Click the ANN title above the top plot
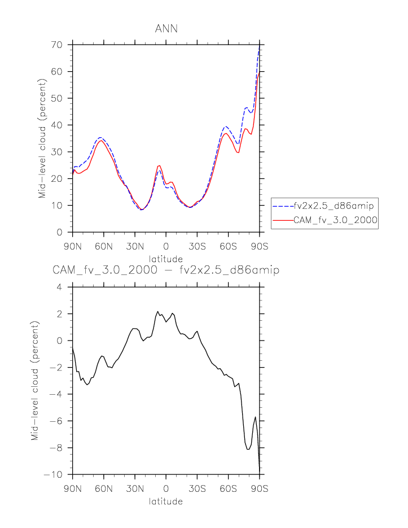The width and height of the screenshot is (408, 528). coord(166,29)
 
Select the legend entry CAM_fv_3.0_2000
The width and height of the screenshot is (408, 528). coord(335,221)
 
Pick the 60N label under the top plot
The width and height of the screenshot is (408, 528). coord(104,246)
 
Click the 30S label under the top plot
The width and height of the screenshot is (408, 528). coord(197,246)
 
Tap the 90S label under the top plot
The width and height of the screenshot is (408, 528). coord(260,246)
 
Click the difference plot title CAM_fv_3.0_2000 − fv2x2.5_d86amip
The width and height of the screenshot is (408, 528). coord(166,270)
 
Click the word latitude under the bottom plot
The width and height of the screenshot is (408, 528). coord(166,501)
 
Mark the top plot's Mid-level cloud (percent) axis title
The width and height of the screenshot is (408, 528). coord(43,138)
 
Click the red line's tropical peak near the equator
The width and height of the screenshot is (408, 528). coord(160,165)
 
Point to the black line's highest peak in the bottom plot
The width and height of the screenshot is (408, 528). coord(158,311)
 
